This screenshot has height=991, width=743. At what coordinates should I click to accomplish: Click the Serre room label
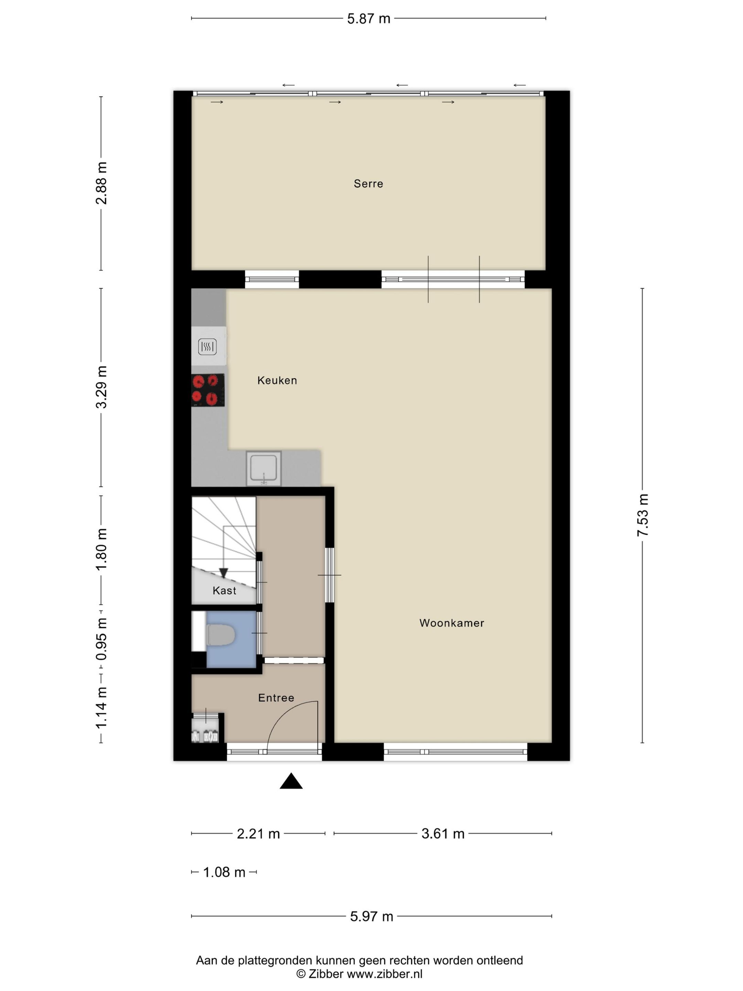368,184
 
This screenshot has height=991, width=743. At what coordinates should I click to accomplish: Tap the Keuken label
277,380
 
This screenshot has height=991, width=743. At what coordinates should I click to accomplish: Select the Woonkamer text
451,623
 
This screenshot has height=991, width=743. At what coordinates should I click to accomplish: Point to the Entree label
276,697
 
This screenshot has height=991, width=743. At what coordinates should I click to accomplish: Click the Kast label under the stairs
224,590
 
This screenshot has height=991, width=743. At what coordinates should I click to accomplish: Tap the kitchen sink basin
263,467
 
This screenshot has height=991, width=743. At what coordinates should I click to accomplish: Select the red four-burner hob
208,390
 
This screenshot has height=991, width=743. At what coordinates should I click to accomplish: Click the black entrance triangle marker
291,781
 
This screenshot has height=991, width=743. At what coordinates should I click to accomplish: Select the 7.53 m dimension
643,515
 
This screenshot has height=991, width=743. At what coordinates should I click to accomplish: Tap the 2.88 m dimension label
102,183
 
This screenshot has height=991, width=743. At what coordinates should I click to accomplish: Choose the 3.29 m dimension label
102,387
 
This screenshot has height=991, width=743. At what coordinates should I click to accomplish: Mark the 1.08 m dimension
224,872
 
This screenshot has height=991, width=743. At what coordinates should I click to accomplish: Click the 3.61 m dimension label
442,834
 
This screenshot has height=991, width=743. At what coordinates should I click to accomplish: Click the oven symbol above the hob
207,346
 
